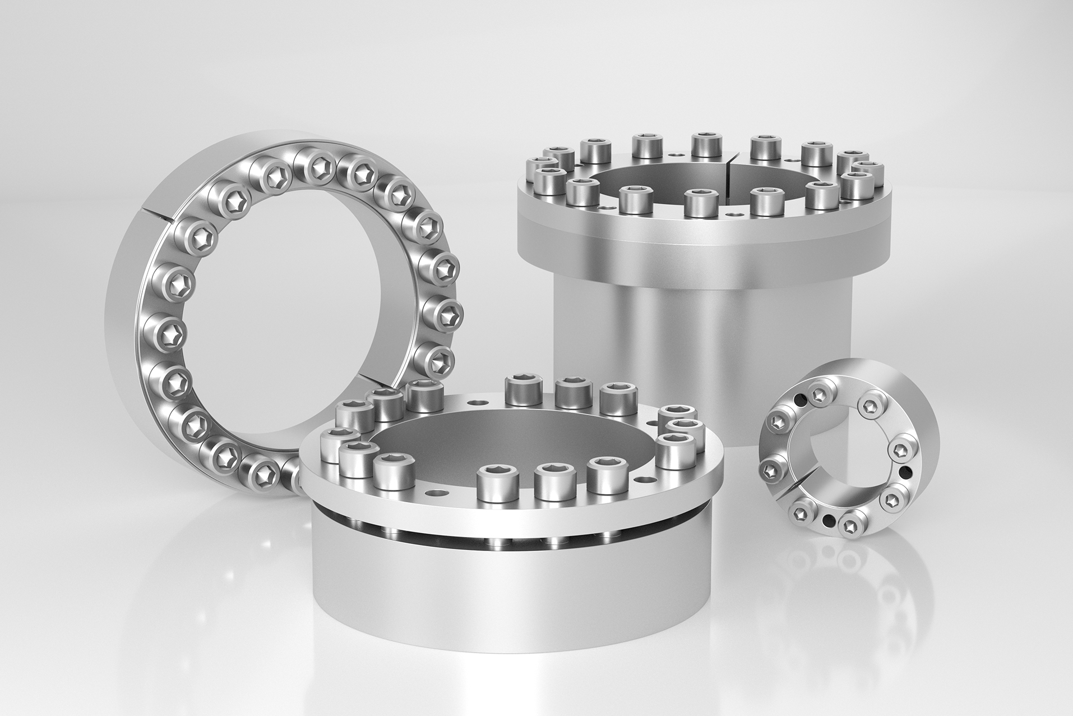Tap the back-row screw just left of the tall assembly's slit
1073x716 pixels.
click(705, 144)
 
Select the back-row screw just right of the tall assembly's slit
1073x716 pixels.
click(765, 146)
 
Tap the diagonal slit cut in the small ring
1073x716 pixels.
click(796, 491)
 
